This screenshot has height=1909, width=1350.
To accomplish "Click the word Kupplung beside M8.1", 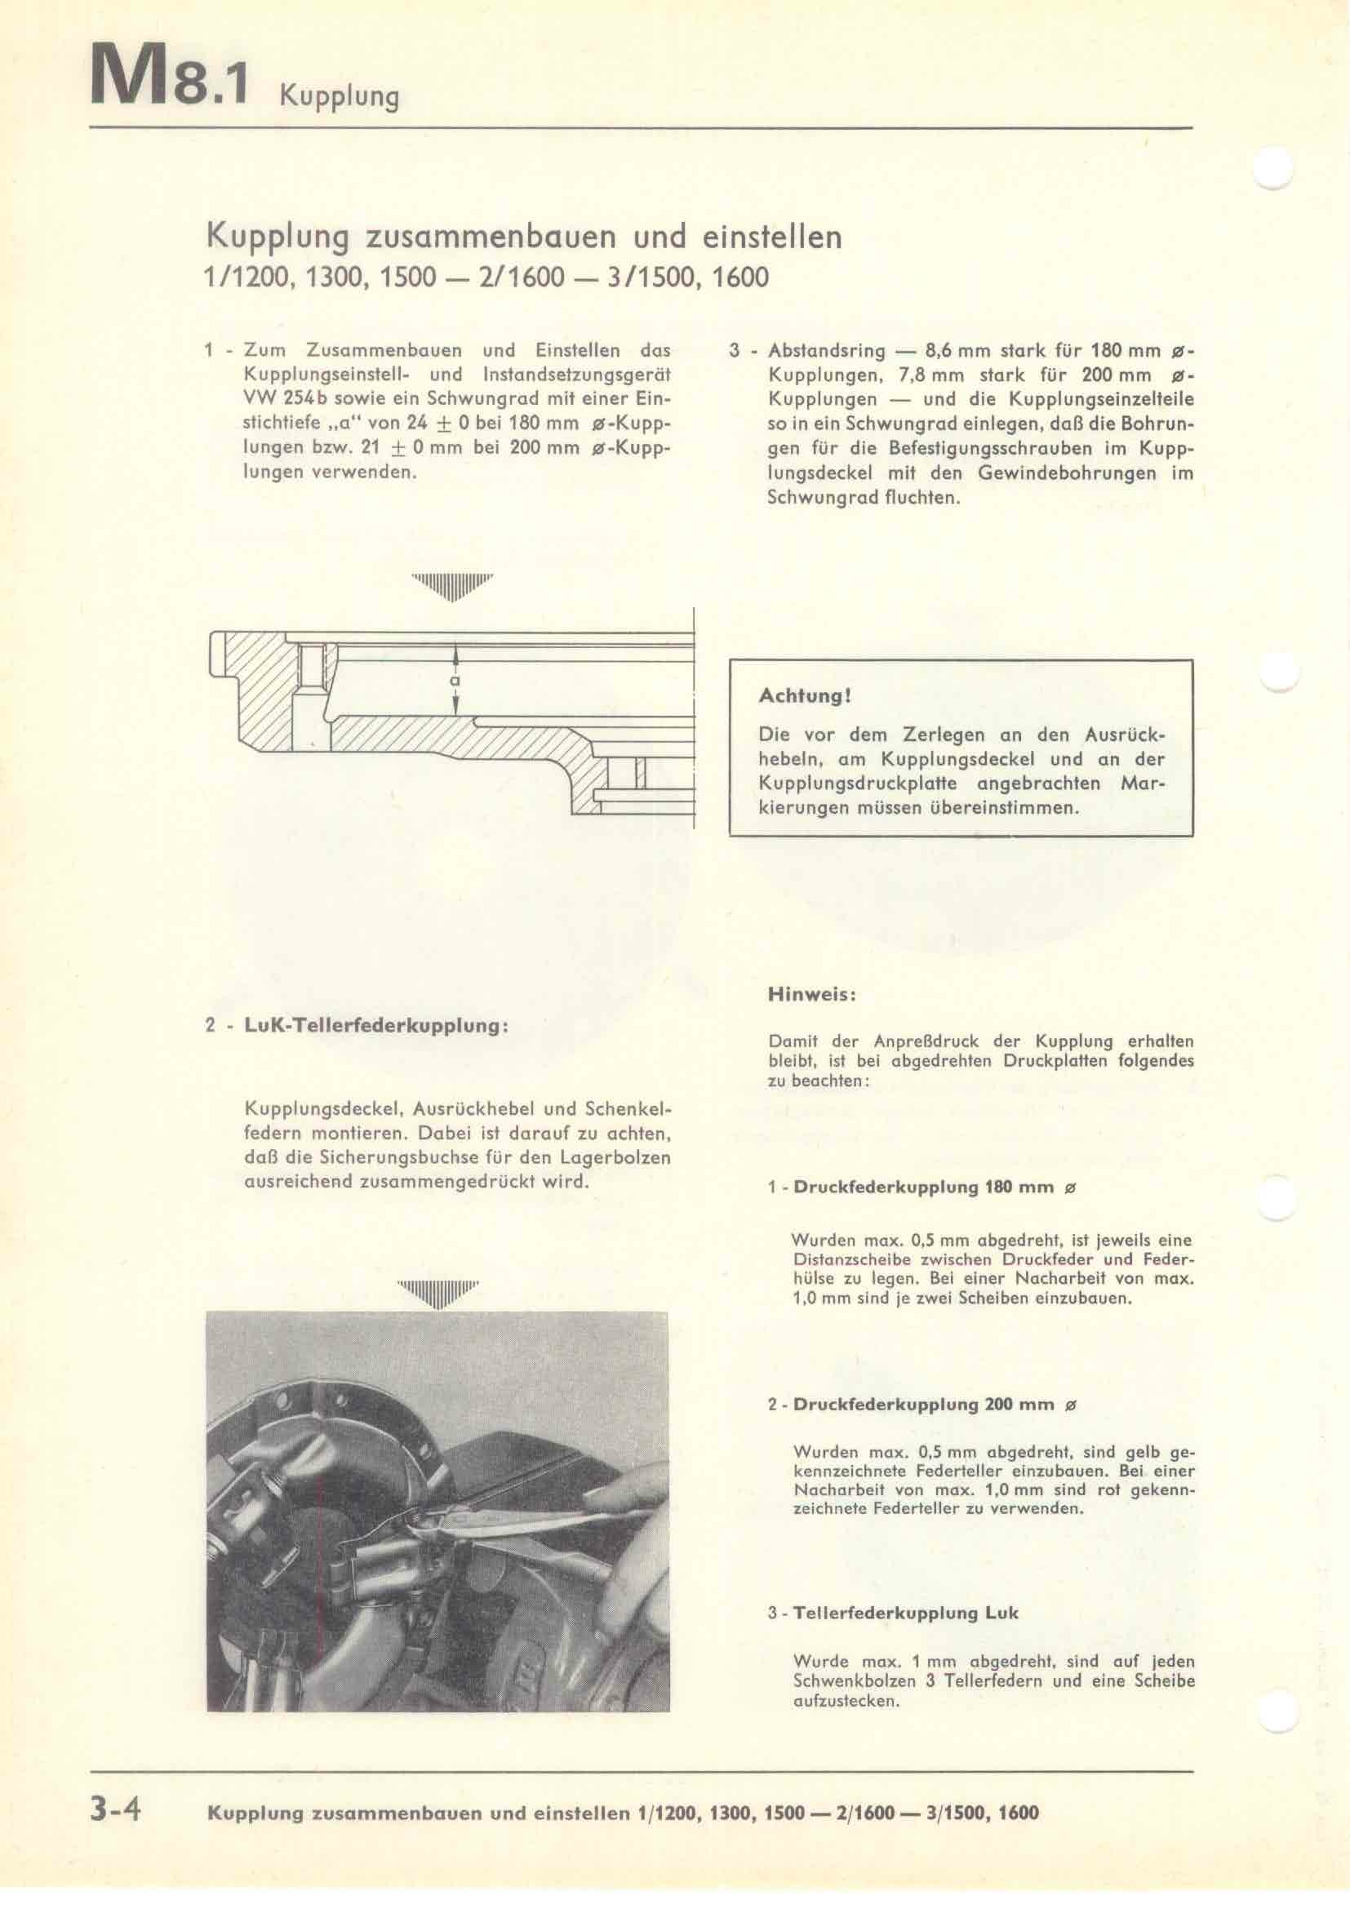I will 340,97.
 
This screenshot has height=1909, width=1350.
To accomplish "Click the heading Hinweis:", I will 801,993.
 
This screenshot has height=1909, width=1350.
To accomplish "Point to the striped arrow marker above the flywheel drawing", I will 453,587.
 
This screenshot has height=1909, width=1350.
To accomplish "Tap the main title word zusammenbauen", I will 491,238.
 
